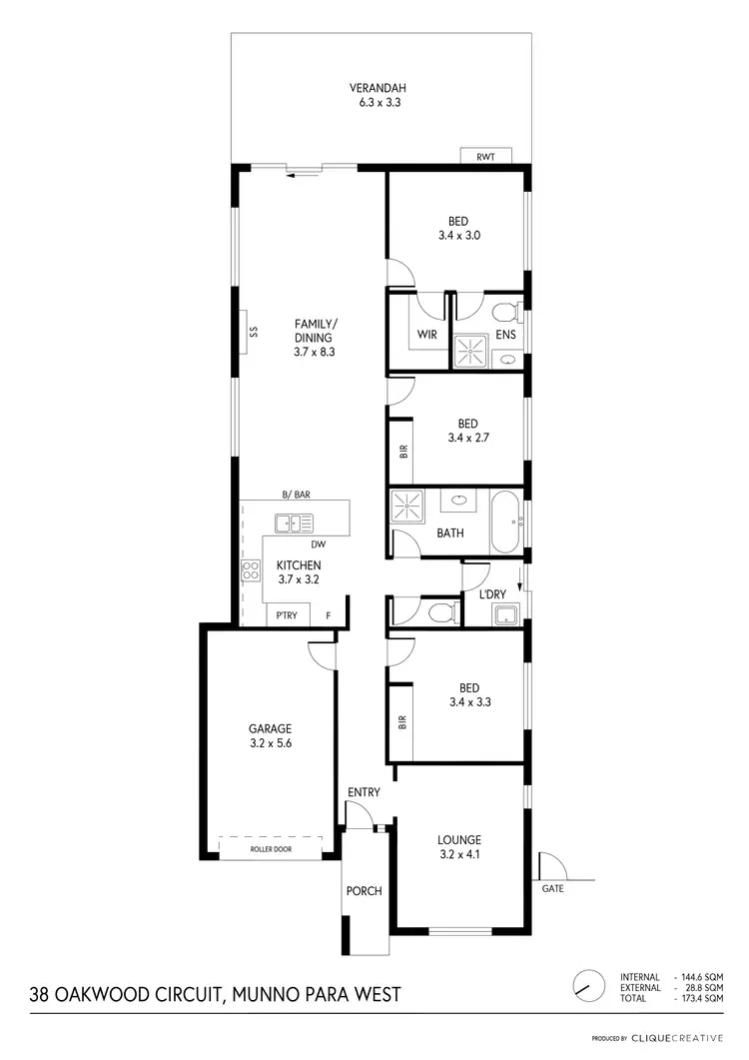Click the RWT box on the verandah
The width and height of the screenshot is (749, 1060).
click(x=486, y=156)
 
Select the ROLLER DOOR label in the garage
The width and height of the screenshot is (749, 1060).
click(x=271, y=849)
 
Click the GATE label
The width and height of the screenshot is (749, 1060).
click(x=551, y=888)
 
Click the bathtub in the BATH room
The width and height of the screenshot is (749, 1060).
click(x=507, y=521)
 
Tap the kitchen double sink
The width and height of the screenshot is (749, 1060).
click(x=294, y=521)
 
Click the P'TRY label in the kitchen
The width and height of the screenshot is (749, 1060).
click(x=288, y=616)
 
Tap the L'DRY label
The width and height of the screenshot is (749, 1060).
click(x=494, y=594)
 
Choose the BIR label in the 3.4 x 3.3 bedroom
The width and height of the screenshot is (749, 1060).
click(x=402, y=719)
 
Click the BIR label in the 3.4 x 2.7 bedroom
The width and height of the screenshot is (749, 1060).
click(x=403, y=452)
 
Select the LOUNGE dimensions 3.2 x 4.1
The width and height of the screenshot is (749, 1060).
click(x=458, y=855)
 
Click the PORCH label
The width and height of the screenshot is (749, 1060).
click(x=364, y=891)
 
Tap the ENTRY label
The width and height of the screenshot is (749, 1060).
click(x=364, y=792)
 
